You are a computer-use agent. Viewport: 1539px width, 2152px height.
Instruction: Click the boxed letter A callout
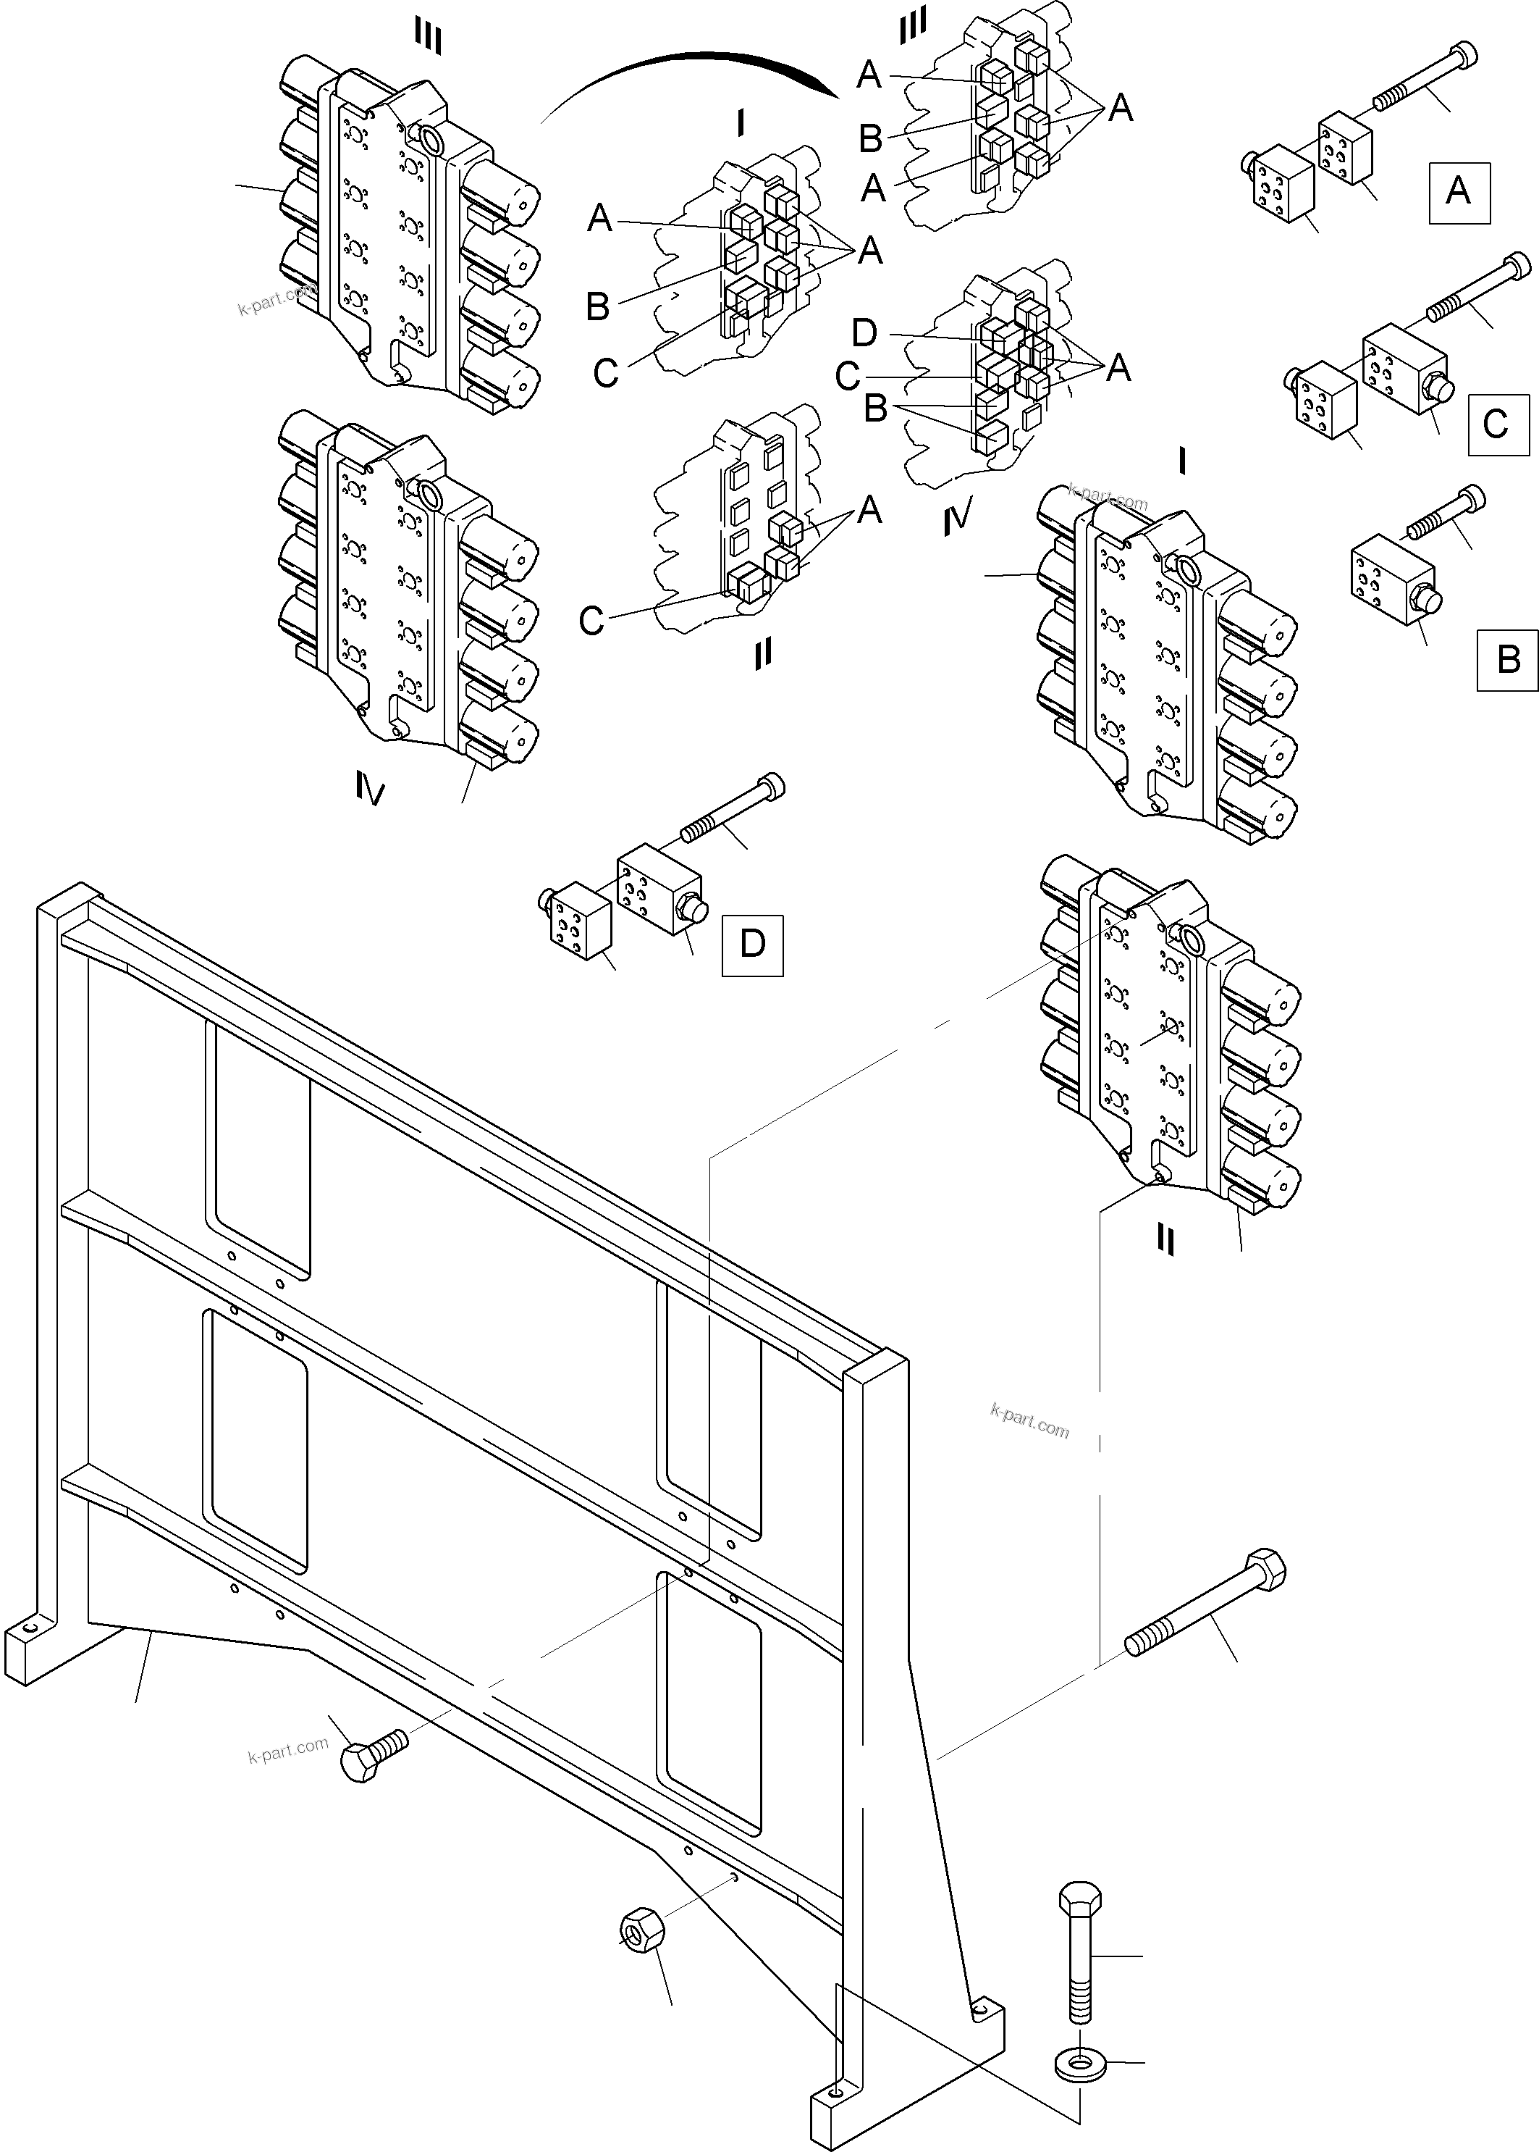click(1459, 193)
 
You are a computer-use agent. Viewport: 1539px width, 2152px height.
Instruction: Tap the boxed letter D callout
click(751, 945)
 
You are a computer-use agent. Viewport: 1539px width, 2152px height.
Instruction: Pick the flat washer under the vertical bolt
click(1079, 2066)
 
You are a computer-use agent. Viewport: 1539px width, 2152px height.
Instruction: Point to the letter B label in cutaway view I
click(597, 306)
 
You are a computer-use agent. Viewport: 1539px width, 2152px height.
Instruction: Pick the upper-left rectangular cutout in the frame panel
click(258, 1151)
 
